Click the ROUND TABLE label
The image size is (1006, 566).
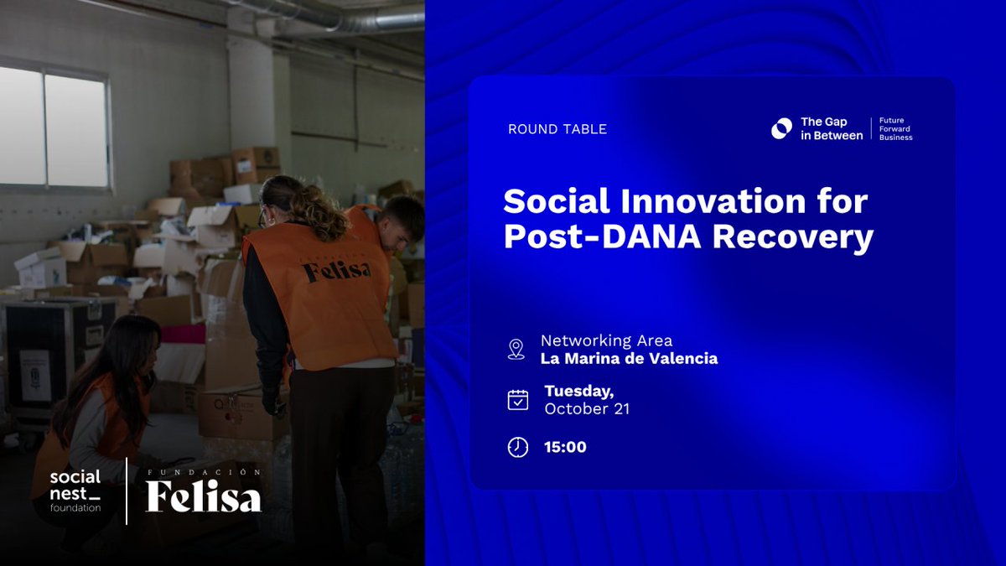557,129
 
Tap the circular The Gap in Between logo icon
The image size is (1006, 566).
781,128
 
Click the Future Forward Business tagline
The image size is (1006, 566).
895,128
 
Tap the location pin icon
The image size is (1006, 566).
516,349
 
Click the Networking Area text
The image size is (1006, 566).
606,340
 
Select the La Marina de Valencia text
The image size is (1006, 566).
629,359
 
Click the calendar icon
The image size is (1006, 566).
518,400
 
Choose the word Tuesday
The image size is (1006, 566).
578,392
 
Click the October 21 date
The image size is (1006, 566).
587,409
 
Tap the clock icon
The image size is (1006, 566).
518,447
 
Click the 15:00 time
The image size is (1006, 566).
565,447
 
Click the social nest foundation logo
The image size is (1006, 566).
75,491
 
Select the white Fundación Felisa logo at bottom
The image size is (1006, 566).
204,492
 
